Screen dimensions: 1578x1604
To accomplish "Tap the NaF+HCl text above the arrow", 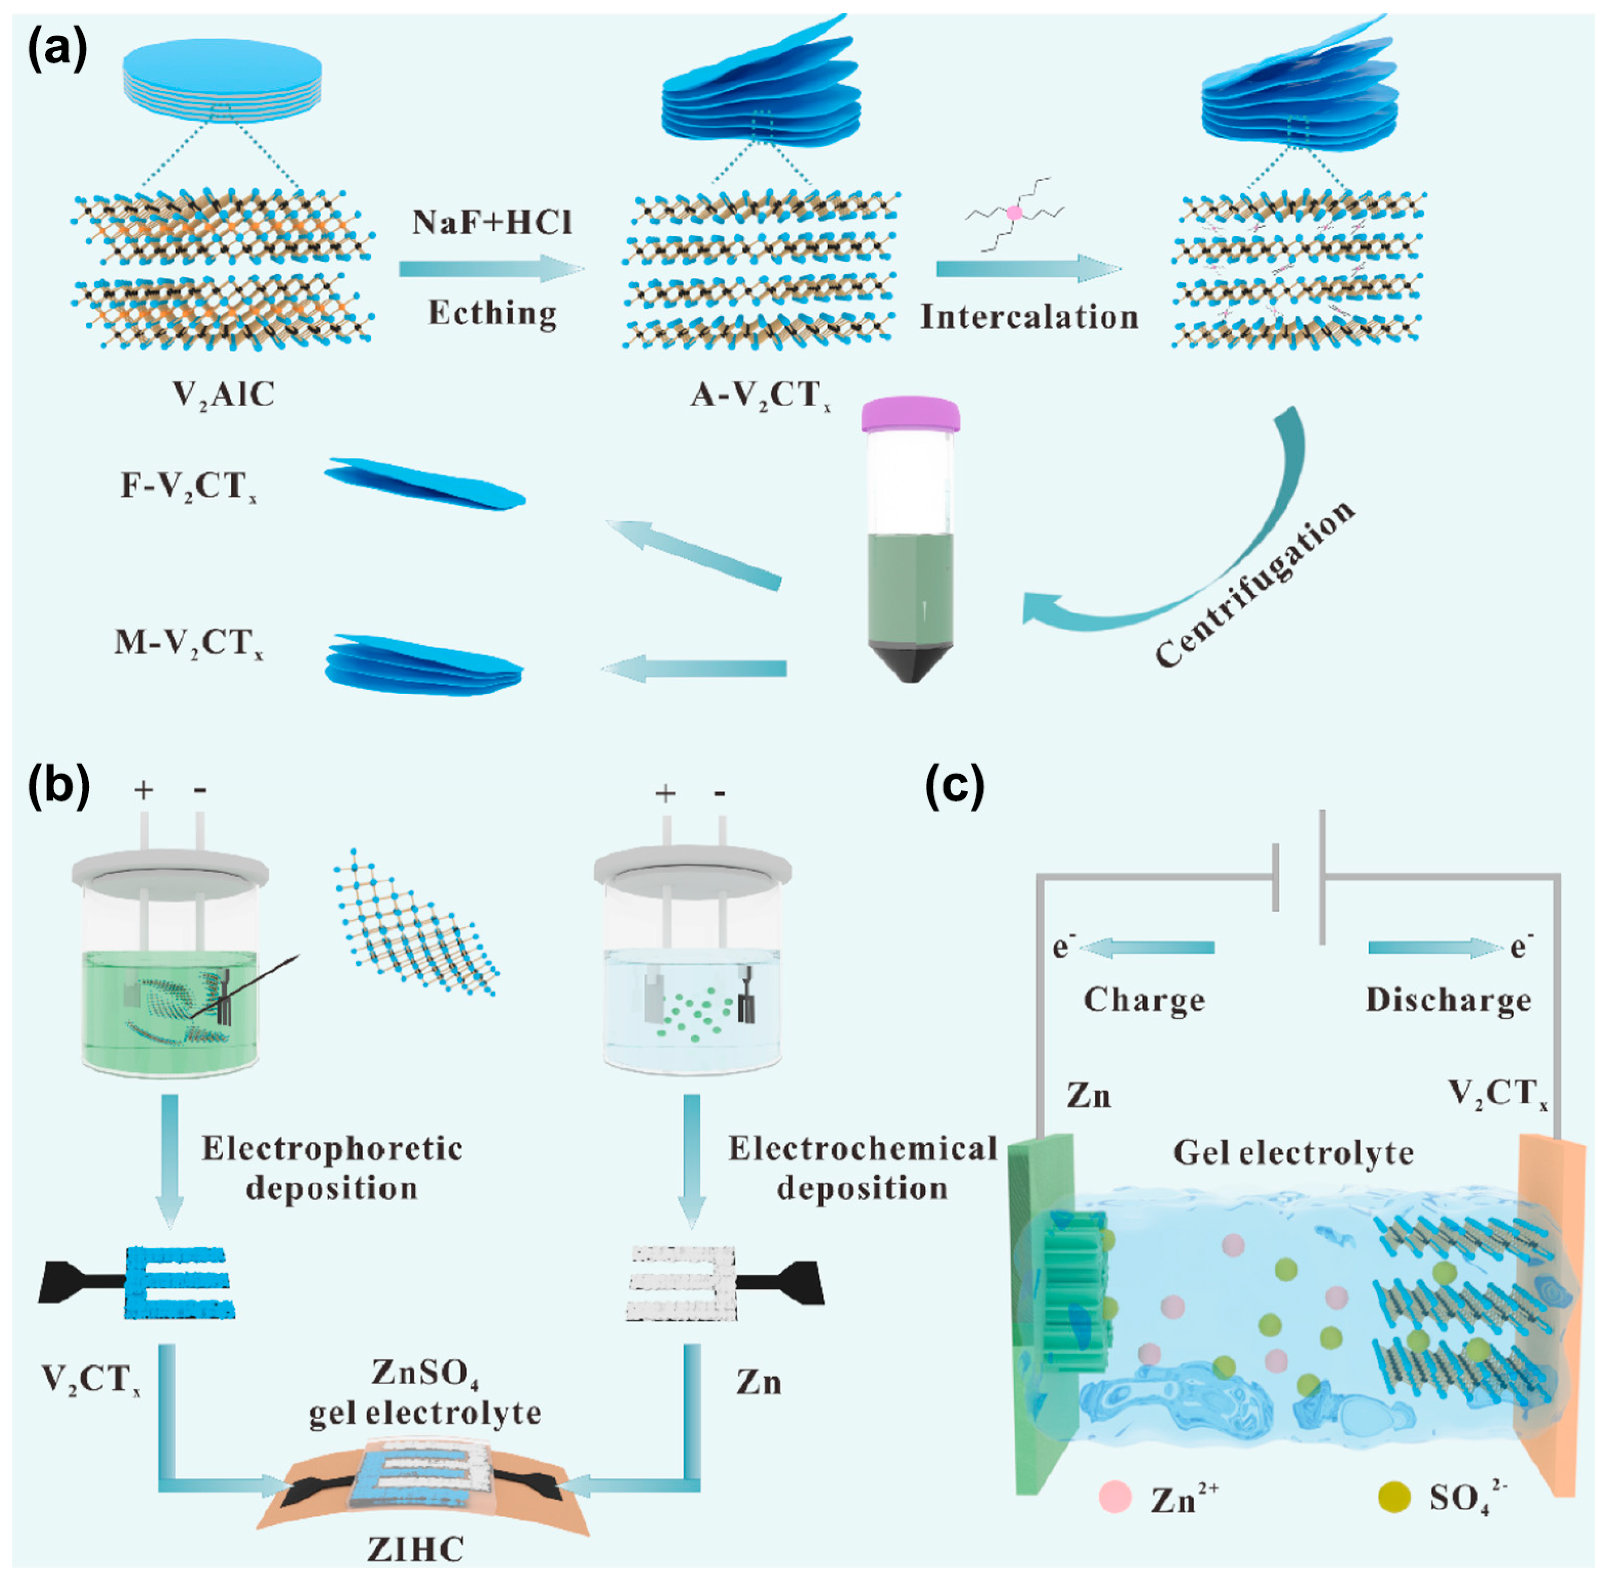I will pos(492,222).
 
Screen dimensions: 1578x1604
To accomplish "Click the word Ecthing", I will pos(492,313).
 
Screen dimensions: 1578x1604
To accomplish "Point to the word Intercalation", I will pos(1029,317).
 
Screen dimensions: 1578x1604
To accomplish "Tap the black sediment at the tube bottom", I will pos(910,663).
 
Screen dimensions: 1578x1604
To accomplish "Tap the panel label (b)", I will pos(58,785).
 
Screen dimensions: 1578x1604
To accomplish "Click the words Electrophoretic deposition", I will pos(332,1169).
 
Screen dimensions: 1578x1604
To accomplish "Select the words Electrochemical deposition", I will pos(862,1169).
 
